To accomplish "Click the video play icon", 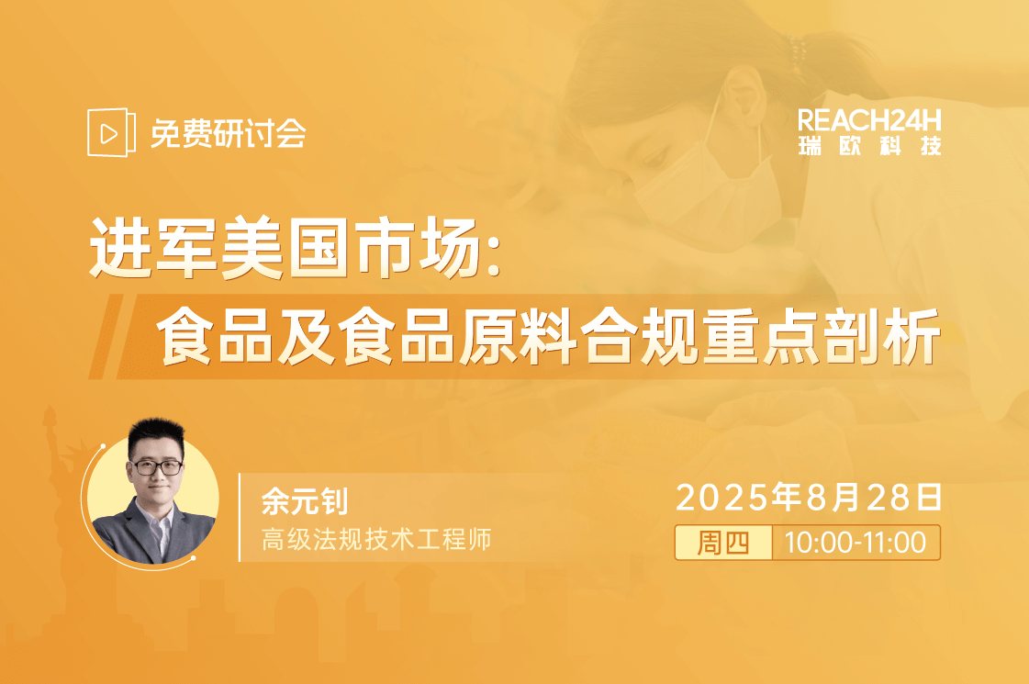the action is [111, 132].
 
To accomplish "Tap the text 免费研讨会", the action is [229, 134].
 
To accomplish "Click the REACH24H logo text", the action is [869, 121].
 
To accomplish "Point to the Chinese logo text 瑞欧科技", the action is [869, 146].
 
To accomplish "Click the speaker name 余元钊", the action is [305, 501].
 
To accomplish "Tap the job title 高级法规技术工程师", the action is [376, 540].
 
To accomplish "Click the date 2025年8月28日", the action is [809, 497].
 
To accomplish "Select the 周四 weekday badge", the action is [723, 543].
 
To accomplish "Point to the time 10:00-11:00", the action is [856, 543].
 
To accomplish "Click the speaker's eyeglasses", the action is [158, 467].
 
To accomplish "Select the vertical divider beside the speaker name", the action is [240, 517].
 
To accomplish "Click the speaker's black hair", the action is [156, 434].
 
